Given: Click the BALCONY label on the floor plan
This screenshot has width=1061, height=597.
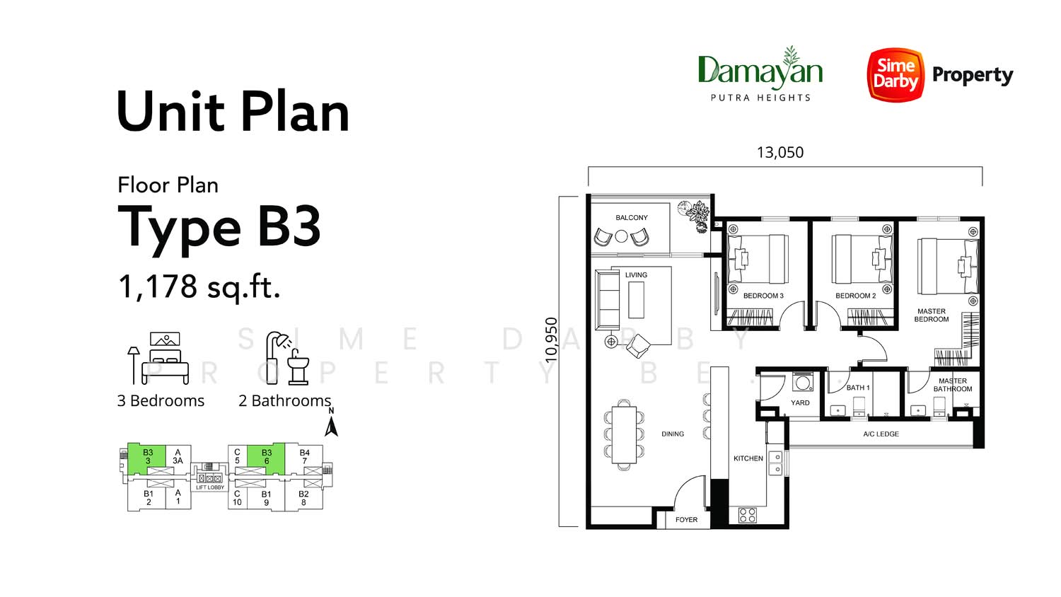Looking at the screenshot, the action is coord(632,217).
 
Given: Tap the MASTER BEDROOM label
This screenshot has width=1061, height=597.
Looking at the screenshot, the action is coord(932,315).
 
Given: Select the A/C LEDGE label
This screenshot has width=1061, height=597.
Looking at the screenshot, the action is coord(881,434).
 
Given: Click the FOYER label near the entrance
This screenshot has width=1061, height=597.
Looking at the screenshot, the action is coord(686,519).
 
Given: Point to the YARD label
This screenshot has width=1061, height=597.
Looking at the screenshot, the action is coord(800,402).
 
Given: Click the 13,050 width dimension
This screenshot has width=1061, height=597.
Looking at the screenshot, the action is coord(780,153).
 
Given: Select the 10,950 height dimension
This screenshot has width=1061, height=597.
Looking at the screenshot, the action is coord(551,340).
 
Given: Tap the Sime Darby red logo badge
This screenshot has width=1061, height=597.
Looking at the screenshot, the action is coord(895,74).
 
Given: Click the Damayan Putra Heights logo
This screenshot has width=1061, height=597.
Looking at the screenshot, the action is coord(760,74).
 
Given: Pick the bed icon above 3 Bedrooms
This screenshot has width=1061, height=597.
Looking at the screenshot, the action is coord(158,358).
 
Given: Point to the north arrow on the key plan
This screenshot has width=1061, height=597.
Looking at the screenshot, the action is coord(331,422).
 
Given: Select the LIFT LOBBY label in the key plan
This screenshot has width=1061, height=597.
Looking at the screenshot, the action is coord(210,487).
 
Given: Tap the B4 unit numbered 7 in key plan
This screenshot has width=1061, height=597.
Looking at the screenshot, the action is coord(305,457).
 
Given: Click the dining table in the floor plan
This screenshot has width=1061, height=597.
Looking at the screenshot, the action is coord(624,435).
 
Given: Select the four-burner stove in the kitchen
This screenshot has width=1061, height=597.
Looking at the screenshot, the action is coord(748,515).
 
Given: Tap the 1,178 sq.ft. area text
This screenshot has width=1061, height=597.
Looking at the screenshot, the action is coord(199,286).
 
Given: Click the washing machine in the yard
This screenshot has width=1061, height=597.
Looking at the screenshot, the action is coord(802,382).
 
